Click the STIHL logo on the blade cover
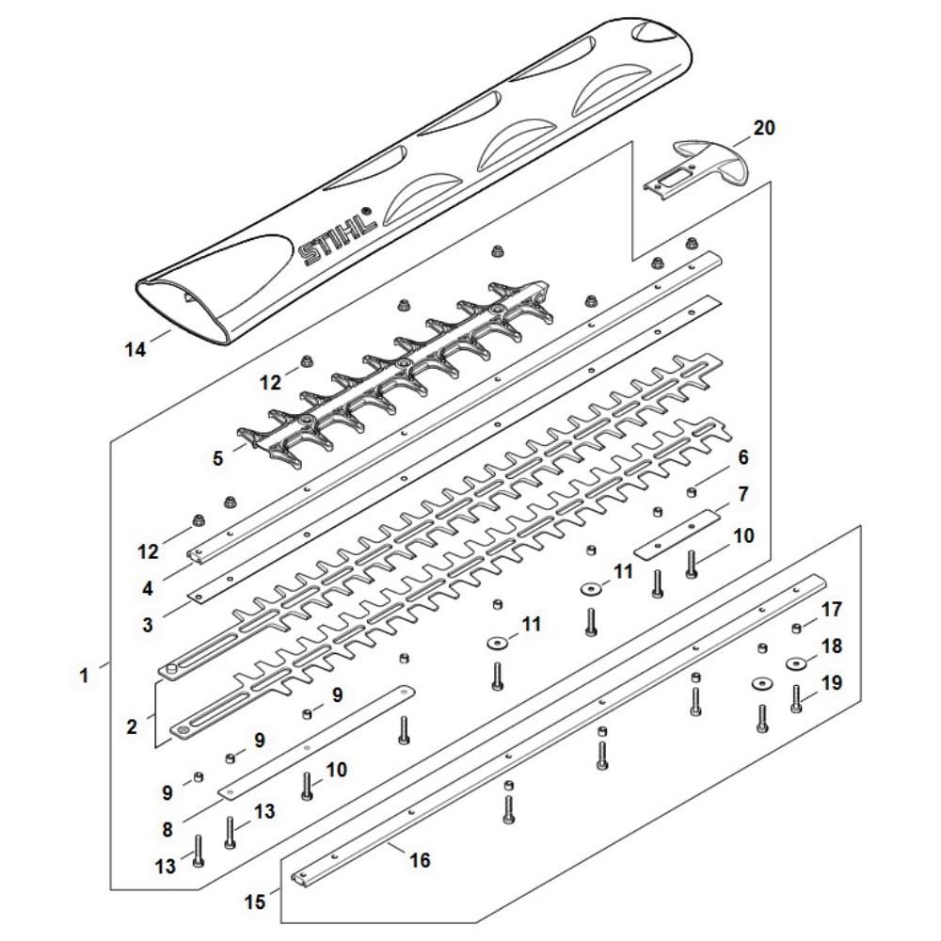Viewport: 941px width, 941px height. pyautogui.click(x=338, y=239)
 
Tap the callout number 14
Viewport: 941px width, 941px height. pyautogui.click(x=136, y=350)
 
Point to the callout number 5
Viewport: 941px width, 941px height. pyautogui.click(x=218, y=460)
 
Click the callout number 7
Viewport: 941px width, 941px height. pyautogui.click(x=742, y=493)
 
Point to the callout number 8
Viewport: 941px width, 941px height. pyautogui.click(x=167, y=830)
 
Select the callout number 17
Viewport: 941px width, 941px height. pyautogui.click(x=833, y=610)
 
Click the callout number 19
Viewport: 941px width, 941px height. pyautogui.click(x=833, y=682)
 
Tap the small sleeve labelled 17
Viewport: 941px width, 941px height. pyautogui.click(x=796, y=628)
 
